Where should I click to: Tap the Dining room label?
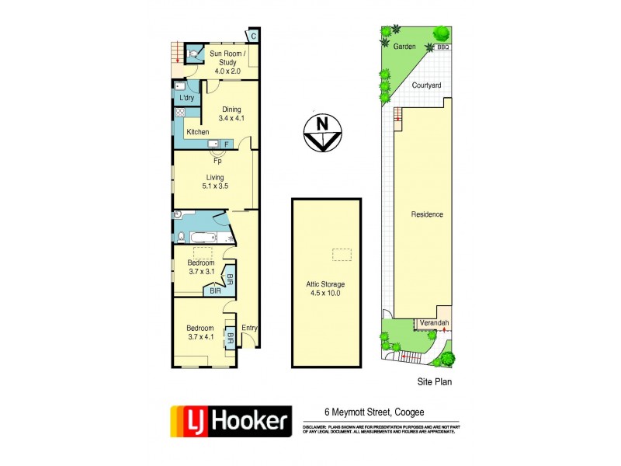tap(231, 113)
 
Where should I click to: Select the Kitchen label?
tap(198, 133)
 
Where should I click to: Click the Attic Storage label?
tap(326, 288)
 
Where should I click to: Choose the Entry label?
tap(249, 328)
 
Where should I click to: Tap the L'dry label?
tap(186, 99)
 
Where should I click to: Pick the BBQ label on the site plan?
tap(444, 47)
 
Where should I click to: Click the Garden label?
tap(404, 47)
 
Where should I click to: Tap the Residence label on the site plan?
tap(427, 214)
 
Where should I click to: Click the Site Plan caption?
tap(431, 381)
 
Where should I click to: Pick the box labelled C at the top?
tap(253, 35)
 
